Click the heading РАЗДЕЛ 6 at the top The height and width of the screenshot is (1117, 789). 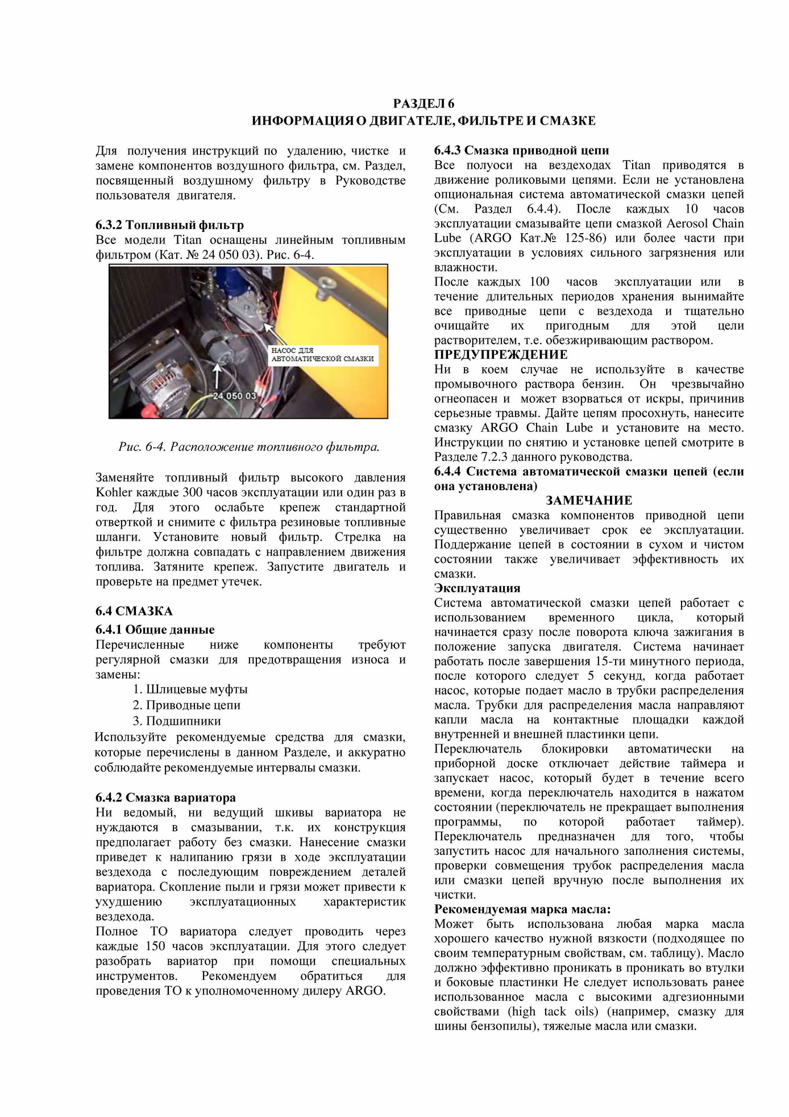tap(423, 103)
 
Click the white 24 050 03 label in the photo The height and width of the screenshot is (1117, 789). tap(234, 396)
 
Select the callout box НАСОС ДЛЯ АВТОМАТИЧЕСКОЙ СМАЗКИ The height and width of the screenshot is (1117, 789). tap(322, 355)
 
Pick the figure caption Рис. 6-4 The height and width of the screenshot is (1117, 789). tap(249, 447)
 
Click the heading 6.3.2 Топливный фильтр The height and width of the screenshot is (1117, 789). tap(169, 225)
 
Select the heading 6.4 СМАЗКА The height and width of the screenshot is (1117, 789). tap(134, 611)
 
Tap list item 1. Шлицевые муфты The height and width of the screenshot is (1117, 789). tap(190, 689)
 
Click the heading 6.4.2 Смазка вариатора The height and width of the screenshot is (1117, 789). tap(165, 798)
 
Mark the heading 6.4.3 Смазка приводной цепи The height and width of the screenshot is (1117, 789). tap(521, 151)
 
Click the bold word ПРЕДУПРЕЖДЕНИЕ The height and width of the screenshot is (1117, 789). tap(501, 355)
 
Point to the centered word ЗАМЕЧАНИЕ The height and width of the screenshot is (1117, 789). tap(589, 500)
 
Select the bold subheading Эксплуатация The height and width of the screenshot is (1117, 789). tap(477, 588)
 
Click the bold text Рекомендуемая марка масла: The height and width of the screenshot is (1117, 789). tap(522, 909)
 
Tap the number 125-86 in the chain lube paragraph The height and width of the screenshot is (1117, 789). tap(585, 238)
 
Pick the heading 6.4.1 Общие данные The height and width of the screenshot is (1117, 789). tap(155, 629)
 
